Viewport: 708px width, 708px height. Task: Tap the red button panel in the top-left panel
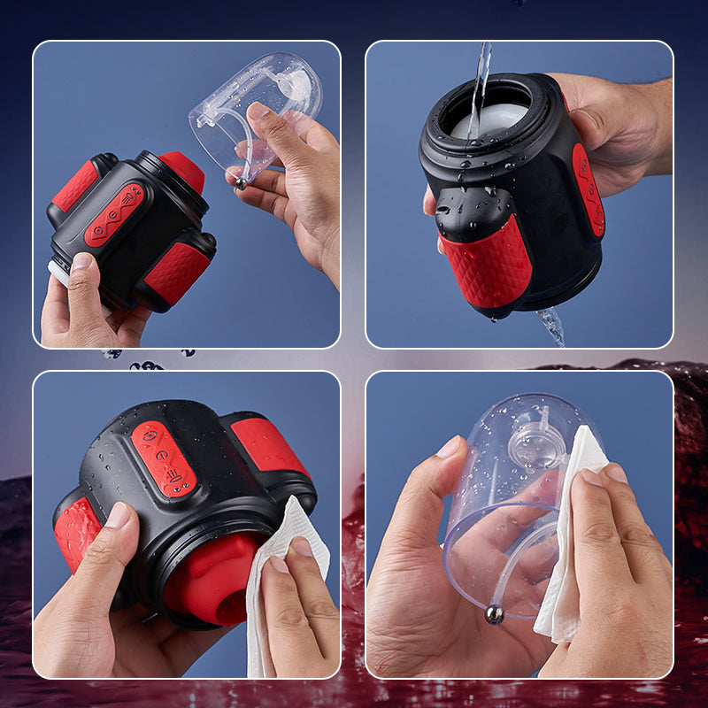coord(114,215)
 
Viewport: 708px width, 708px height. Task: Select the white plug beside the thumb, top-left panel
coord(59,273)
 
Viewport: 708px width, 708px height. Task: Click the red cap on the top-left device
coord(182,169)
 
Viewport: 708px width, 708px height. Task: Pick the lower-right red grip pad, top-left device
coord(178,271)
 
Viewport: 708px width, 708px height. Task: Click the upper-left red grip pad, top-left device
coord(75,187)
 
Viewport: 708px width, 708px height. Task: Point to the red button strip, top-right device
coord(589,190)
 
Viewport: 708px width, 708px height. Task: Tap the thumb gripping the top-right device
coord(431,202)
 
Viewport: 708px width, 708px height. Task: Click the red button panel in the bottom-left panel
coord(164,458)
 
